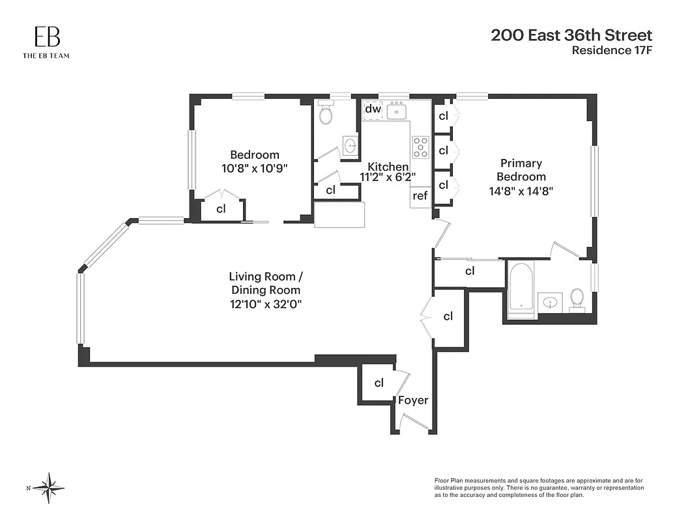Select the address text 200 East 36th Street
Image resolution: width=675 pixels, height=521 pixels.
[571, 35]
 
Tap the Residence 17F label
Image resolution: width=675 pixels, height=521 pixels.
[611, 50]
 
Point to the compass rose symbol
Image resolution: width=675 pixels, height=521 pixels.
[49, 487]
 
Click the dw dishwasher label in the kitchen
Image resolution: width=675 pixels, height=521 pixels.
[372, 109]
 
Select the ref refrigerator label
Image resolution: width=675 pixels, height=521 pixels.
[420, 195]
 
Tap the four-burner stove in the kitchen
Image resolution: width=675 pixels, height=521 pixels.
[420, 148]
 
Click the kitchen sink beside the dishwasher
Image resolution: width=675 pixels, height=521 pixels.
[396, 111]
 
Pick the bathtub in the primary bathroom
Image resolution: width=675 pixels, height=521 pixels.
[521, 287]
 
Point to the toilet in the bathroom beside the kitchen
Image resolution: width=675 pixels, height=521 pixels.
[326, 114]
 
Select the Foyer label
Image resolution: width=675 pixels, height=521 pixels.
[413, 400]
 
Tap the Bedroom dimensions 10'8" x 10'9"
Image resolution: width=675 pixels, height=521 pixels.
[254, 167]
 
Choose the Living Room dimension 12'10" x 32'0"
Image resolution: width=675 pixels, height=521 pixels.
[265, 303]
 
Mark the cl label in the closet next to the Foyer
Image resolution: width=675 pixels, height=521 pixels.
[379, 383]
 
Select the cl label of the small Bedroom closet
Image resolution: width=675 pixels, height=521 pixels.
[221, 209]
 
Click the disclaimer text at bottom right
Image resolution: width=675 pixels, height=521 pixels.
[539, 487]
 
